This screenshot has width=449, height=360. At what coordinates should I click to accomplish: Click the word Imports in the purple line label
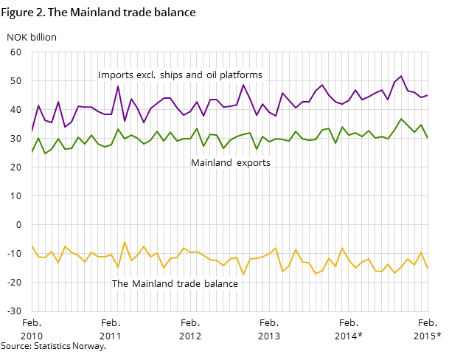pyautogui.click(x=115, y=75)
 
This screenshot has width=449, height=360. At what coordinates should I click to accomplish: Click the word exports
pyautogui.click(x=254, y=163)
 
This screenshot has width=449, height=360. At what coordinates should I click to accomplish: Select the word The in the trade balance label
pyautogui.click(x=120, y=284)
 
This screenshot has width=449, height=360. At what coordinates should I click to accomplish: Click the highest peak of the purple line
pyautogui.click(x=401, y=76)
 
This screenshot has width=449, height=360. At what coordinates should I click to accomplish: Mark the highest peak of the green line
pyautogui.click(x=401, y=119)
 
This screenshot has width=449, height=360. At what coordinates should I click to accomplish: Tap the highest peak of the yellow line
pyautogui.click(x=124, y=242)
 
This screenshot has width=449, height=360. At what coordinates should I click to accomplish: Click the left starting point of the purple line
pyautogui.click(x=32, y=131)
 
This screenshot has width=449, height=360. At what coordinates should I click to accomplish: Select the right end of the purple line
pyautogui.click(x=428, y=94)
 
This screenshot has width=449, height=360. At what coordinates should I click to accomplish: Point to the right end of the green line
pyautogui.click(x=428, y=138)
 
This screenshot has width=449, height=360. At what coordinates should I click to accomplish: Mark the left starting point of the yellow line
pyautogui.click(x=32, y=246)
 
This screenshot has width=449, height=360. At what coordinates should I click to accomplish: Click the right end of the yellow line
pyautogui.click(x=428, y=268)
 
